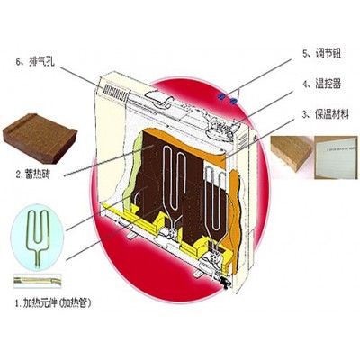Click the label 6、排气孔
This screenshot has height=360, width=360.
tap(35, 62)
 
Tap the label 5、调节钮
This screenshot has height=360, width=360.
tap(321, 54)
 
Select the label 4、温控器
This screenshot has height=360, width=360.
tap(321, 84)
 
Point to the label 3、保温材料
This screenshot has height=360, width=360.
tap(326, 114)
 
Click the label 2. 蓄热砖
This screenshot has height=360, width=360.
tap(32, 175)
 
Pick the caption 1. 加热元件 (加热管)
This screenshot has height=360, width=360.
tap(52, 303)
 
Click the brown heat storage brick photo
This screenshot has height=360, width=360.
tap(40, 139)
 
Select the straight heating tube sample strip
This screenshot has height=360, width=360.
tap(38, 281)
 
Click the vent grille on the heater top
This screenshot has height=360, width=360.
tap(116, 92)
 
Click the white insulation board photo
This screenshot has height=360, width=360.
tap(336, 157)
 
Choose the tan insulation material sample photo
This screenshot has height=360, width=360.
tap(292, 154)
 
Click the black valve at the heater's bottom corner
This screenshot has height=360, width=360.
tap(224, 283)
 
